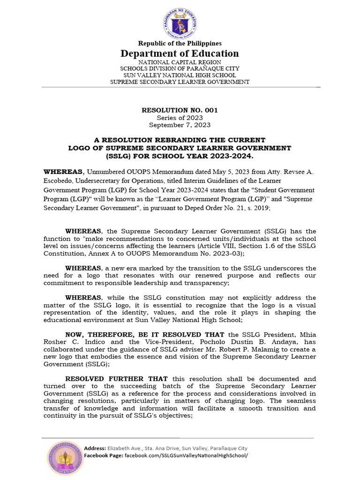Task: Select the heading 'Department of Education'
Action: coord(180,53)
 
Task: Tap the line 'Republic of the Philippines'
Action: coord(180,44)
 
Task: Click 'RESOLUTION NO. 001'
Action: coord(180,110)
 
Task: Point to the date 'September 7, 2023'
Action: coord(180,125)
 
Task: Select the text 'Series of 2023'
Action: coord(180,118)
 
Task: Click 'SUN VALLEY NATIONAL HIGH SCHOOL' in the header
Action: coord(180,75)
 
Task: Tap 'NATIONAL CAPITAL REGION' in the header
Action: coord(180,62)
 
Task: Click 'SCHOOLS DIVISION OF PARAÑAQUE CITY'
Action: coord(180,69)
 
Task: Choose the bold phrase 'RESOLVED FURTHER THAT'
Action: coord(116,378)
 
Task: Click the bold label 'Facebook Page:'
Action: coord(103,456)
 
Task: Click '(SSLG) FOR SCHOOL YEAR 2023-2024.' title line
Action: coord(180,155)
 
